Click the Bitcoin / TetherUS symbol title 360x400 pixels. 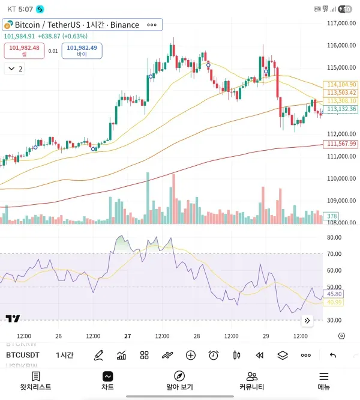(x=76, y=25)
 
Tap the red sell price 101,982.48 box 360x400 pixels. (x=24, y=50)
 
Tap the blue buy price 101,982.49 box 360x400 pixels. (x=82, y=50)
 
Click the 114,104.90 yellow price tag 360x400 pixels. (x=341, y=85)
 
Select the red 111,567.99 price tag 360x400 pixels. (x=341, y=144)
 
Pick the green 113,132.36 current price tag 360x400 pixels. (x=341, y=109)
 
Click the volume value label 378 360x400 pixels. (x=331, y=216)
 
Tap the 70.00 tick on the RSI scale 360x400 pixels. (x=334, y=254)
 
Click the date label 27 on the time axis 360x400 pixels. (x=128, y=336)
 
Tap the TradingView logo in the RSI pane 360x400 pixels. (x=13, y=318)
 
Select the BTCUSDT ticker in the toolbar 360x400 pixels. (x=23, y=355)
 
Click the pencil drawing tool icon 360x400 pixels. (x=99, y=355)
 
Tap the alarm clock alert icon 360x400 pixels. (x=214, y=355)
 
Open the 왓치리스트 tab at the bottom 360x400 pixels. (x=35, y=381)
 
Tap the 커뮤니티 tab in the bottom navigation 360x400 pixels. (x=252, y=381)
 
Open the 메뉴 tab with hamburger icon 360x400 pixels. (x=324, y=381)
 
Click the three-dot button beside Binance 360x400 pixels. (x=152, y=25)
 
